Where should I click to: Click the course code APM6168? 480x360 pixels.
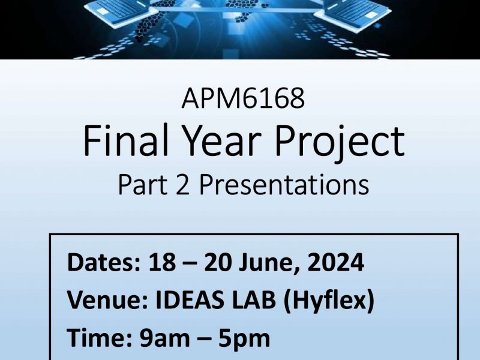[243, 98]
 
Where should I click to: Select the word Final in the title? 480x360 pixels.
[126, 140]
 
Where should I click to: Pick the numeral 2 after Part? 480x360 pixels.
[183, 185]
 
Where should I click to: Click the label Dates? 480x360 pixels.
[104, 262]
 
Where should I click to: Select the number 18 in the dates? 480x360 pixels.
[162, 262]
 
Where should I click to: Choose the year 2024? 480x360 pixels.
[335, 262]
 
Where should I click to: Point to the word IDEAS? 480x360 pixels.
[190, 299]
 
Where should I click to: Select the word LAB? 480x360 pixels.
[254, 299]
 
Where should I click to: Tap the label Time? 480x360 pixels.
[100, 338]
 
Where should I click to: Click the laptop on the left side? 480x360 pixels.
[121, 13]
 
